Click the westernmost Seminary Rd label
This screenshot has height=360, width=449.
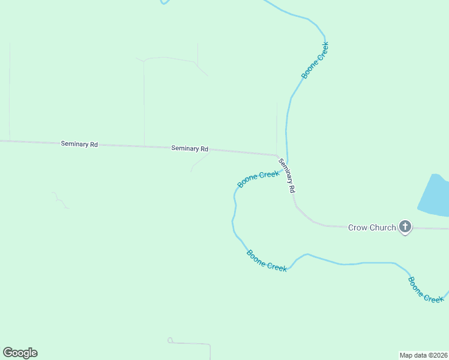[x=79, y=144]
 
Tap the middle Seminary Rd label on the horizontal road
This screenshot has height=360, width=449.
[x=190, y=148]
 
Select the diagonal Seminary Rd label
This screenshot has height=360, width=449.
[x=288, y=175]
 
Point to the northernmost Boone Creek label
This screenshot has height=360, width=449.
[x=316, y=60]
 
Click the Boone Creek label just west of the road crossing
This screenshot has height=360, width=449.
[x=258, y=179]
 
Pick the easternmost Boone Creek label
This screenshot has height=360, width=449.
[x=426, y=290]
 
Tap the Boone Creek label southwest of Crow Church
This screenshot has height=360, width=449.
[x=267, y=261]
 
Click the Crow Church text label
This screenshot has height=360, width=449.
[x=372, y=227]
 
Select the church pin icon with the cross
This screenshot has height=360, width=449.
[x=405, y=227]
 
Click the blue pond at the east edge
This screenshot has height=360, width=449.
[x=435, y=197]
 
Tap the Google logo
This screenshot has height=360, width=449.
[x=20, y=353]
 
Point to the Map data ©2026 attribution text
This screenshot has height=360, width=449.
[x=423, y=355]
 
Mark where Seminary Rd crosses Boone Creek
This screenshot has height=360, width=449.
[x=287, y=168]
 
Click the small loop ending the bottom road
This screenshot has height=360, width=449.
[x=170, y=340]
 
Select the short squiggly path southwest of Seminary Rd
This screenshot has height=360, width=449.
[x=59, y=200]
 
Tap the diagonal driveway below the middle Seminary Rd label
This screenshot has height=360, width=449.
[x=200, y=161]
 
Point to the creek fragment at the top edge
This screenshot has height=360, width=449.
[x=164, y=2]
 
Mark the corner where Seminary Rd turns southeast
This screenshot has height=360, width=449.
[x=277, y=155]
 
